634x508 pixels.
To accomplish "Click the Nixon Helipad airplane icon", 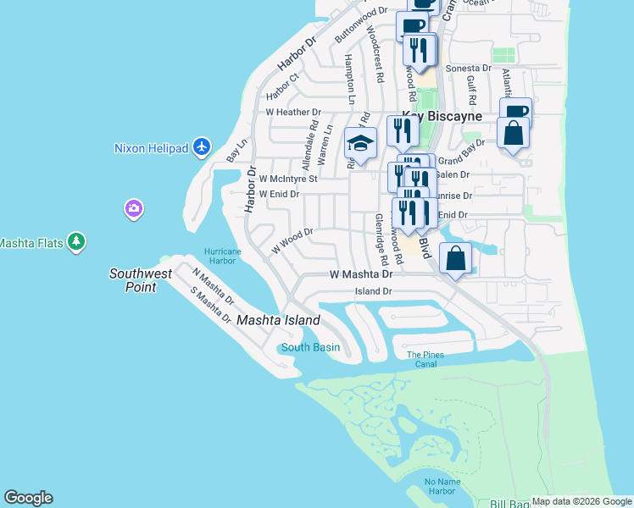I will point(202,147).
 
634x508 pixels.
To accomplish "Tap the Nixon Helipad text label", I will point(150,148).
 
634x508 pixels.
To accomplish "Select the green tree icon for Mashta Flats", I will point(77,242).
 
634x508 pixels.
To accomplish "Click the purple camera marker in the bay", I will point(133,207).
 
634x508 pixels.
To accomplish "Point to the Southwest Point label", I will point(141,280).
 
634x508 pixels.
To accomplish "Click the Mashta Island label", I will point(278,320).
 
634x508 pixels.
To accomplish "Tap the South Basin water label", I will point(310,347).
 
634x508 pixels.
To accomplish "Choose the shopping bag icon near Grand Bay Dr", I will point(513,134).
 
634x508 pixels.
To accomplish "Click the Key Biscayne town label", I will point(442,116).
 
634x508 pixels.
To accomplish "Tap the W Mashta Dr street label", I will point(361,274).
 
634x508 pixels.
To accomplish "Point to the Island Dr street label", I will point(374,291).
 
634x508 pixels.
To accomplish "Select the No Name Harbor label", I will point(442,486).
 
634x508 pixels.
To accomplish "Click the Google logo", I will point(28,498).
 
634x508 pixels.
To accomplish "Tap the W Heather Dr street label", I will point(293,112).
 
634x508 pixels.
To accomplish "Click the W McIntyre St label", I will point(288,179).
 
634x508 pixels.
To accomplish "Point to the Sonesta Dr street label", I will point(469,68).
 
